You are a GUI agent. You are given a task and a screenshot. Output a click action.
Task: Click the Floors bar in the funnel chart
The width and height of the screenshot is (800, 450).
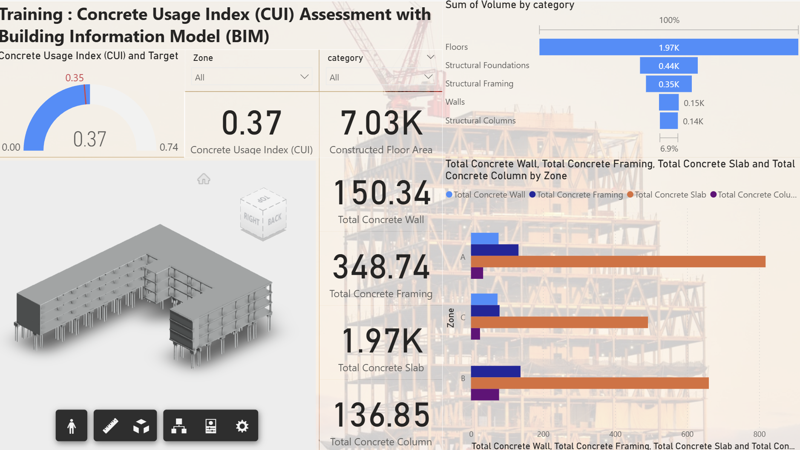pyautogui.click(x=668, y=47)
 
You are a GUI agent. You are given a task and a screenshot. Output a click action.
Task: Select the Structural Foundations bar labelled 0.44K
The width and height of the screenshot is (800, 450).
pyautogui.click(x=668, y=66)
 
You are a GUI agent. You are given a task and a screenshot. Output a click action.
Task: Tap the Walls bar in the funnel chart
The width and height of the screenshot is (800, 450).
pyautogui.click(x=668, y=103)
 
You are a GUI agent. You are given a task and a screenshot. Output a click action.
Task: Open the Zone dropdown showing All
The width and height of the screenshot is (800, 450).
pyautogui.click(x=251, y=77)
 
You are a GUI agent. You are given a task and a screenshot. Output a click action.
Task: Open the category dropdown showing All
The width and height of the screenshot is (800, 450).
pyautogui.click(x=380, y=77)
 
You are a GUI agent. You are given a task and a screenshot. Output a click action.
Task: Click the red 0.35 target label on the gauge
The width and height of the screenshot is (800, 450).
pyautogui.click(x=75, y=78)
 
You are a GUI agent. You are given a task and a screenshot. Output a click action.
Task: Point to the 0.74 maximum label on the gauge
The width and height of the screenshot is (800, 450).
pyautogui.click(x=169, y=147)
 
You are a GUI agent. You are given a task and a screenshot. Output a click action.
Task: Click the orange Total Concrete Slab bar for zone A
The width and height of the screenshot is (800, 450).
pyautogui.click(x=618, y=261)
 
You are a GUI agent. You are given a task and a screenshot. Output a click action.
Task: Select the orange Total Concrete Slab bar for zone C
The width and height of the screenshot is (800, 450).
pyautogui.click(x=559, y=322)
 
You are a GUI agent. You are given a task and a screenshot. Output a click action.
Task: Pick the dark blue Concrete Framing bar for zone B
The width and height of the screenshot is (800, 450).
pyautogui.click(x=495, y=371)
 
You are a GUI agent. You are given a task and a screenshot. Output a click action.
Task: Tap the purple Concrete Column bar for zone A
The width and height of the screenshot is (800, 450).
pyautogui.click(x=477, y=273)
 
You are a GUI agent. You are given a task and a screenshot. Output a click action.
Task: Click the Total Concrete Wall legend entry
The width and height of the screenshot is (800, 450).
pyautogui.click(x=485, y=195)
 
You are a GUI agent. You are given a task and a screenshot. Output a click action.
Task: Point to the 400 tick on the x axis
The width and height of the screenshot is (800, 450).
pyautogui.click(x=615, y=434)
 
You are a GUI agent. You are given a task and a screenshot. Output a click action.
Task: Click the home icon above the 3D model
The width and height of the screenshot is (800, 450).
pyautogui.click(x=204, y=179)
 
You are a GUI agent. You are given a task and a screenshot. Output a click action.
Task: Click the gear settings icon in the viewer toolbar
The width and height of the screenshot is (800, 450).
pyautogui.click(x=242, y=426)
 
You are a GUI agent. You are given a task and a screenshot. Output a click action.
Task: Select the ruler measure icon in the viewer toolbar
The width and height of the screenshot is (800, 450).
pyautogui.click(x=110, y=426)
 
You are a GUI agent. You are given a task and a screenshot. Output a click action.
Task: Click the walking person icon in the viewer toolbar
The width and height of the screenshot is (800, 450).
pyautogui.click(x=72, y=426)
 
